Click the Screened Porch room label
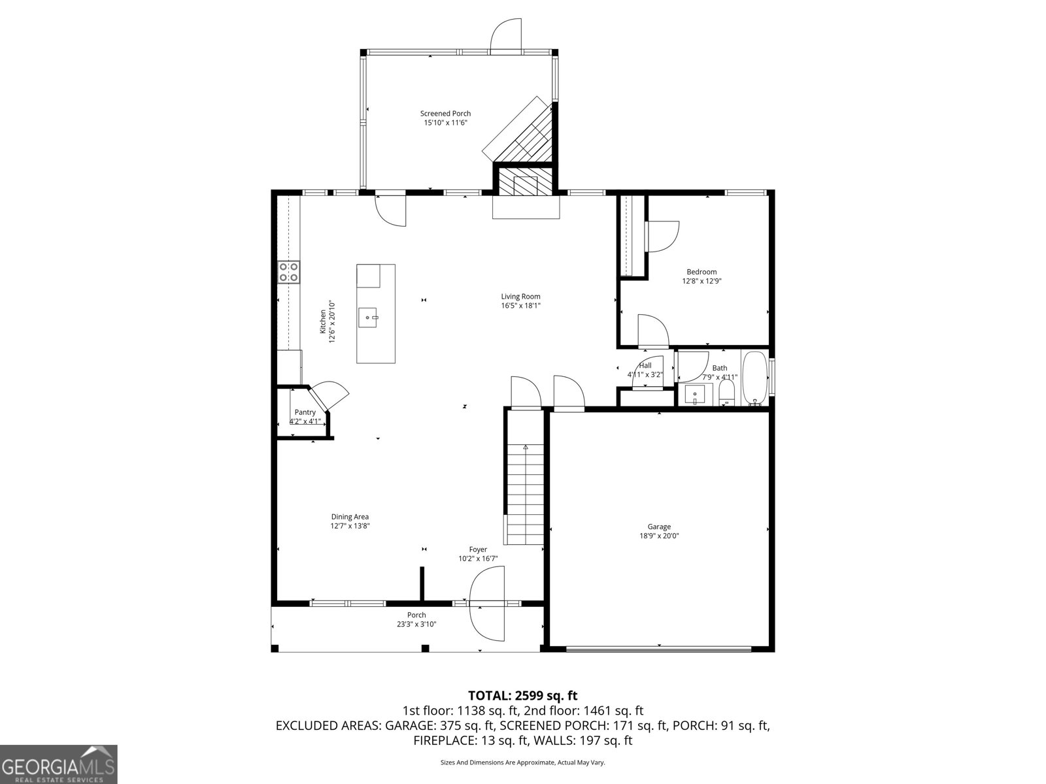tap(445, 114)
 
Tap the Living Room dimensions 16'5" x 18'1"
tap(520, 305)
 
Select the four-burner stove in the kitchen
tap(288, 272)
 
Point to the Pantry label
tap(305, 412)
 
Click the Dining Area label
tap(350, 517)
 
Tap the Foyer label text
tap(478, 549)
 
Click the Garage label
tap(659, 527)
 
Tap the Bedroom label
tap(701, 272)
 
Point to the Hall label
tap(645, 365)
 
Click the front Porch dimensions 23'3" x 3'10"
tap(416, 624)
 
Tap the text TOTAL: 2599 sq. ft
tap(522, 696)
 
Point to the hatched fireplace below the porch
tap(525, 184)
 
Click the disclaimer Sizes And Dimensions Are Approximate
tap(522, 762)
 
